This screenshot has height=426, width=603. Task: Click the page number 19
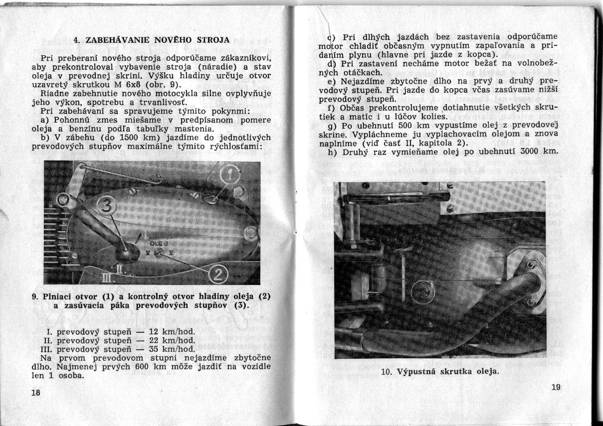[557, 387]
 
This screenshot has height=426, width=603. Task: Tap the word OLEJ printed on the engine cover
[160, 244]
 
